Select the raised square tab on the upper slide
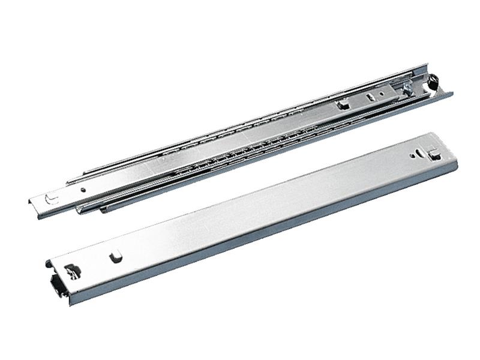coord(343,104)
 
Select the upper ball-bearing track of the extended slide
coord(240,123)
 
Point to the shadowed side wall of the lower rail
coord(270,240)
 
